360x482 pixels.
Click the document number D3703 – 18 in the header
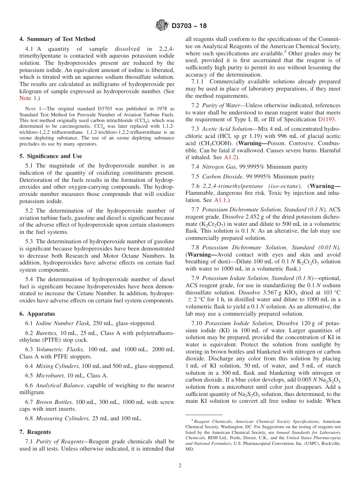(189, 26)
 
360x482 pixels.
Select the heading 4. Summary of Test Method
(57, 39)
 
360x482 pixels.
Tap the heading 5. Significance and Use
(50, 156)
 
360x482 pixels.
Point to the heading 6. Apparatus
(37, 314)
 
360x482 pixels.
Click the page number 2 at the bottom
(180, 466)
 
